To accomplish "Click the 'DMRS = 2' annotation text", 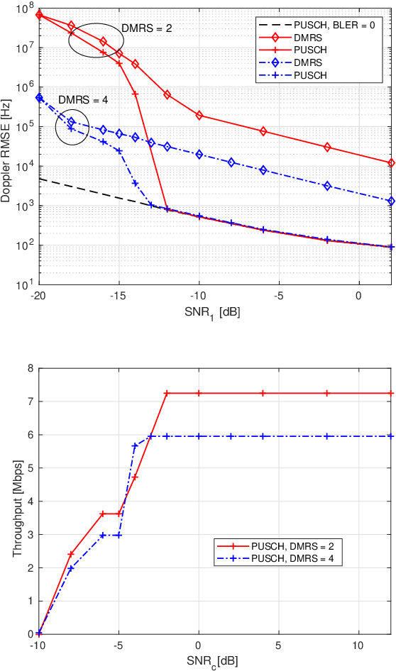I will (147, 28).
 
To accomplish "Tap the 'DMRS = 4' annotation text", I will (82, 100).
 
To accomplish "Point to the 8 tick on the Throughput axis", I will (30, 368).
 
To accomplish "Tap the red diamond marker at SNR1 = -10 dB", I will (199, 115).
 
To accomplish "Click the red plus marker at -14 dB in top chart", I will (135, 94).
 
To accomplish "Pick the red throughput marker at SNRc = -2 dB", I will (167, 393).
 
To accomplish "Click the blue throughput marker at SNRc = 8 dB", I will (327, 436).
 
